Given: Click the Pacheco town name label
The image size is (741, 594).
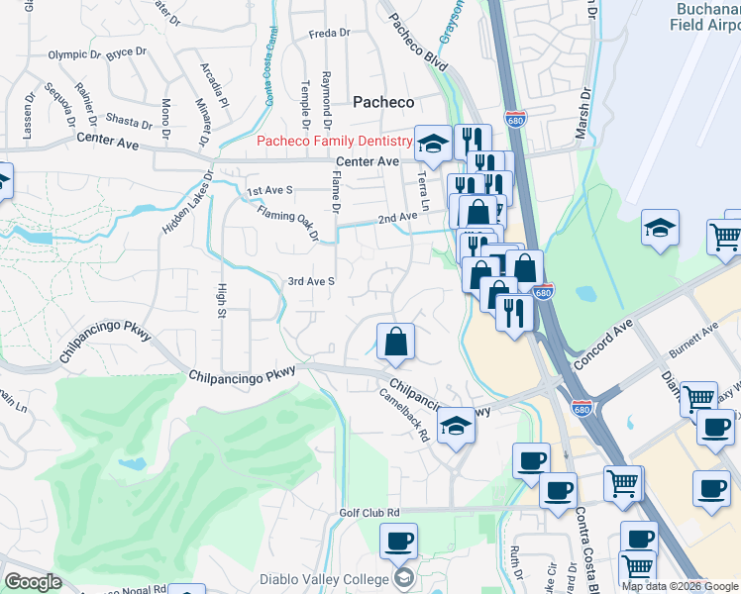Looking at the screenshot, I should pyautogui.click(x=383, y=102).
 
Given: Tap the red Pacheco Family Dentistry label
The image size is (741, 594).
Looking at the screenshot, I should pyautogui.click(x=334, y=141).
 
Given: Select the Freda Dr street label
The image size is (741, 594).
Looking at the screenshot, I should pyautogui.click(x=330, y=33).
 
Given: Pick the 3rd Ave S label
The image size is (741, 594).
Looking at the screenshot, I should pyautogui.click(x=312, y=281).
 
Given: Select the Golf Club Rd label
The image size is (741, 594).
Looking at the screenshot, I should pyautogui.click(x=369, y=512).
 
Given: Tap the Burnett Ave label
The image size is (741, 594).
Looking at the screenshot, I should pyautogui.click(x=692, y=342).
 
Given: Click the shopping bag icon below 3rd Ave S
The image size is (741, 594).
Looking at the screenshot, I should pyautogui.click(x=395, y=342).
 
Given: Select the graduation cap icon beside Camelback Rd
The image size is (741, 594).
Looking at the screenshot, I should pyautogui.click(x=456, y=426).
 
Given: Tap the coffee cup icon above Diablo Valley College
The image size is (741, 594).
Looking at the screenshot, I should pyautogui.click(x=398, y=542).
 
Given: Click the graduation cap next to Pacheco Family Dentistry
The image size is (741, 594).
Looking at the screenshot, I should pyautogui.click(x=431, y=145).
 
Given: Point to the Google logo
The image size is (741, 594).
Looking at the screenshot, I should pyautogui.click(x=34, y=582).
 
